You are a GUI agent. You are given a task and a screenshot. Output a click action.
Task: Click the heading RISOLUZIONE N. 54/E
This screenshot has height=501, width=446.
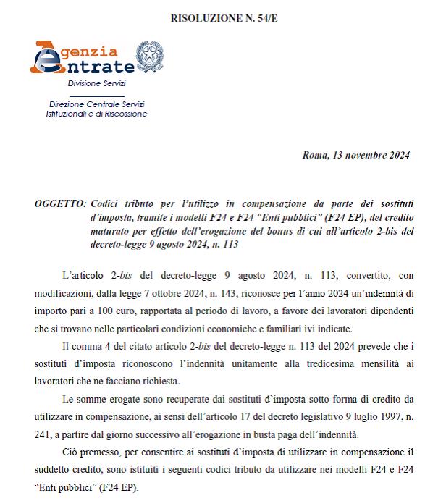click(x=223, y=16)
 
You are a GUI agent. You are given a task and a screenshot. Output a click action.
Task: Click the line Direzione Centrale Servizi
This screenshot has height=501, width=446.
click(x=92, y=105)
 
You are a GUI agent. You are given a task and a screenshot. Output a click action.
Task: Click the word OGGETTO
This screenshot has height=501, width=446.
click(x=58, y=206)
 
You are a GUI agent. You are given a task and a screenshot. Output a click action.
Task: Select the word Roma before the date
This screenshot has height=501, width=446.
click(x=316, y=155)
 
